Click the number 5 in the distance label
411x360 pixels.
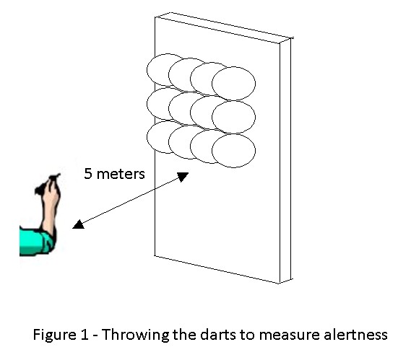pos(88,174)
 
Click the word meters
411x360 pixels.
pos(121,174)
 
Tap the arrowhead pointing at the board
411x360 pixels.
pos(183,177)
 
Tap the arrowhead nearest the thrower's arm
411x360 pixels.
pos(78,224)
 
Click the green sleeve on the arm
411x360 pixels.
pos(36,242)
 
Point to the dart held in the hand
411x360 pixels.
pos(54,177)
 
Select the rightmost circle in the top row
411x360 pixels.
pos(233,84)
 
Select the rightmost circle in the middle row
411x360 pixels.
pos(233,117)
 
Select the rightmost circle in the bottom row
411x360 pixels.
pos(233,151)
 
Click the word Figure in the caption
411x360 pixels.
pos(54,335)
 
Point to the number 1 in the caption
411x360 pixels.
pos(85,334)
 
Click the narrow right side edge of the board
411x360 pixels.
pos(285,161)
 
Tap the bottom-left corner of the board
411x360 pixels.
pos(155,256)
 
